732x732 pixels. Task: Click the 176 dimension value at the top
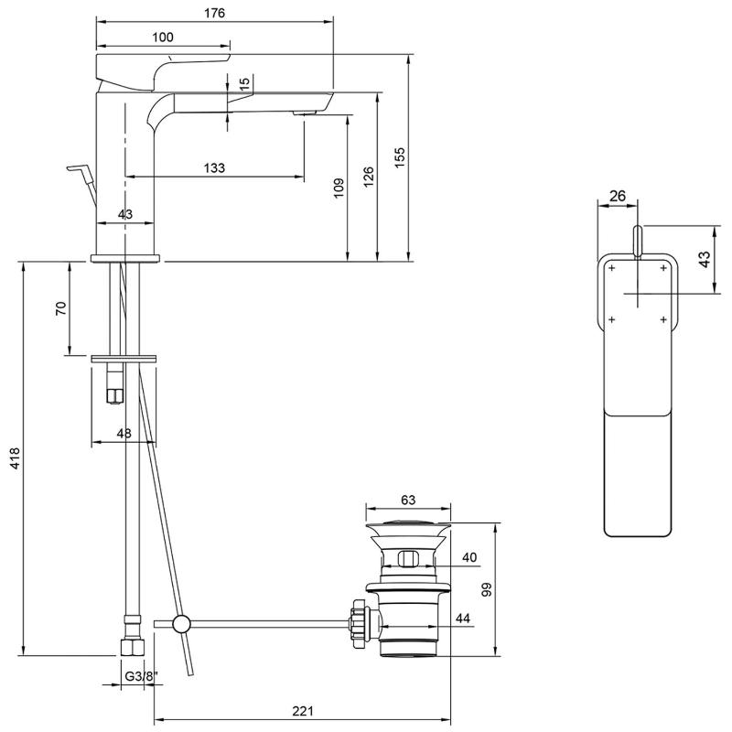(x=214, y=13)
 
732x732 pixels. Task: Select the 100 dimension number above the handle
(x=163, y=37)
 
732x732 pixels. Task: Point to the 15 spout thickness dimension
(x=243, y=83)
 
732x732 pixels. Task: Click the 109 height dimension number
(x=339, y=188)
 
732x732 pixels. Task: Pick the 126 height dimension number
(x=369, y=175)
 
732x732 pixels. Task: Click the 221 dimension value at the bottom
(x=303, y=711)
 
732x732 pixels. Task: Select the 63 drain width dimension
(x=408, y=500)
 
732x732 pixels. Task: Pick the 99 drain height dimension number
(x=487, y=590)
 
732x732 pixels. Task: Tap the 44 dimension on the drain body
(x=463, y=619)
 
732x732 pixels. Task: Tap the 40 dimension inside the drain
(x=469, y=557)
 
